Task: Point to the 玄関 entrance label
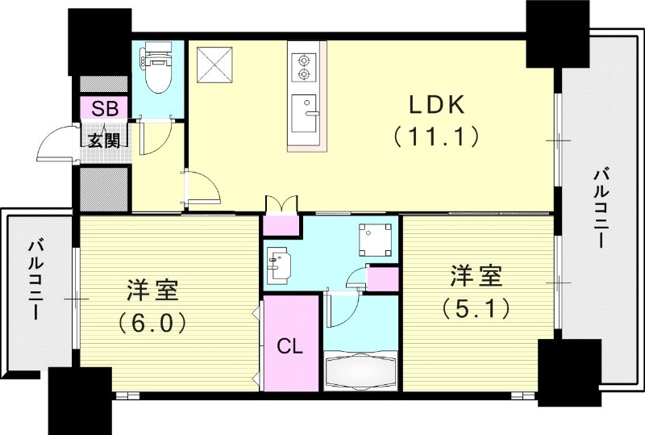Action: (102, 138)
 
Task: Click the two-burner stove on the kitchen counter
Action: (304, 67)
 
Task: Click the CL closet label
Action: (290, 349)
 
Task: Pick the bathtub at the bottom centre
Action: (360, 373)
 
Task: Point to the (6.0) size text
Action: (152, 323)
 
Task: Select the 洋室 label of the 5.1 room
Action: (476, 276)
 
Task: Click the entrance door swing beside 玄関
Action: (55, 145)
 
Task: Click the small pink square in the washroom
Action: (382, 278)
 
